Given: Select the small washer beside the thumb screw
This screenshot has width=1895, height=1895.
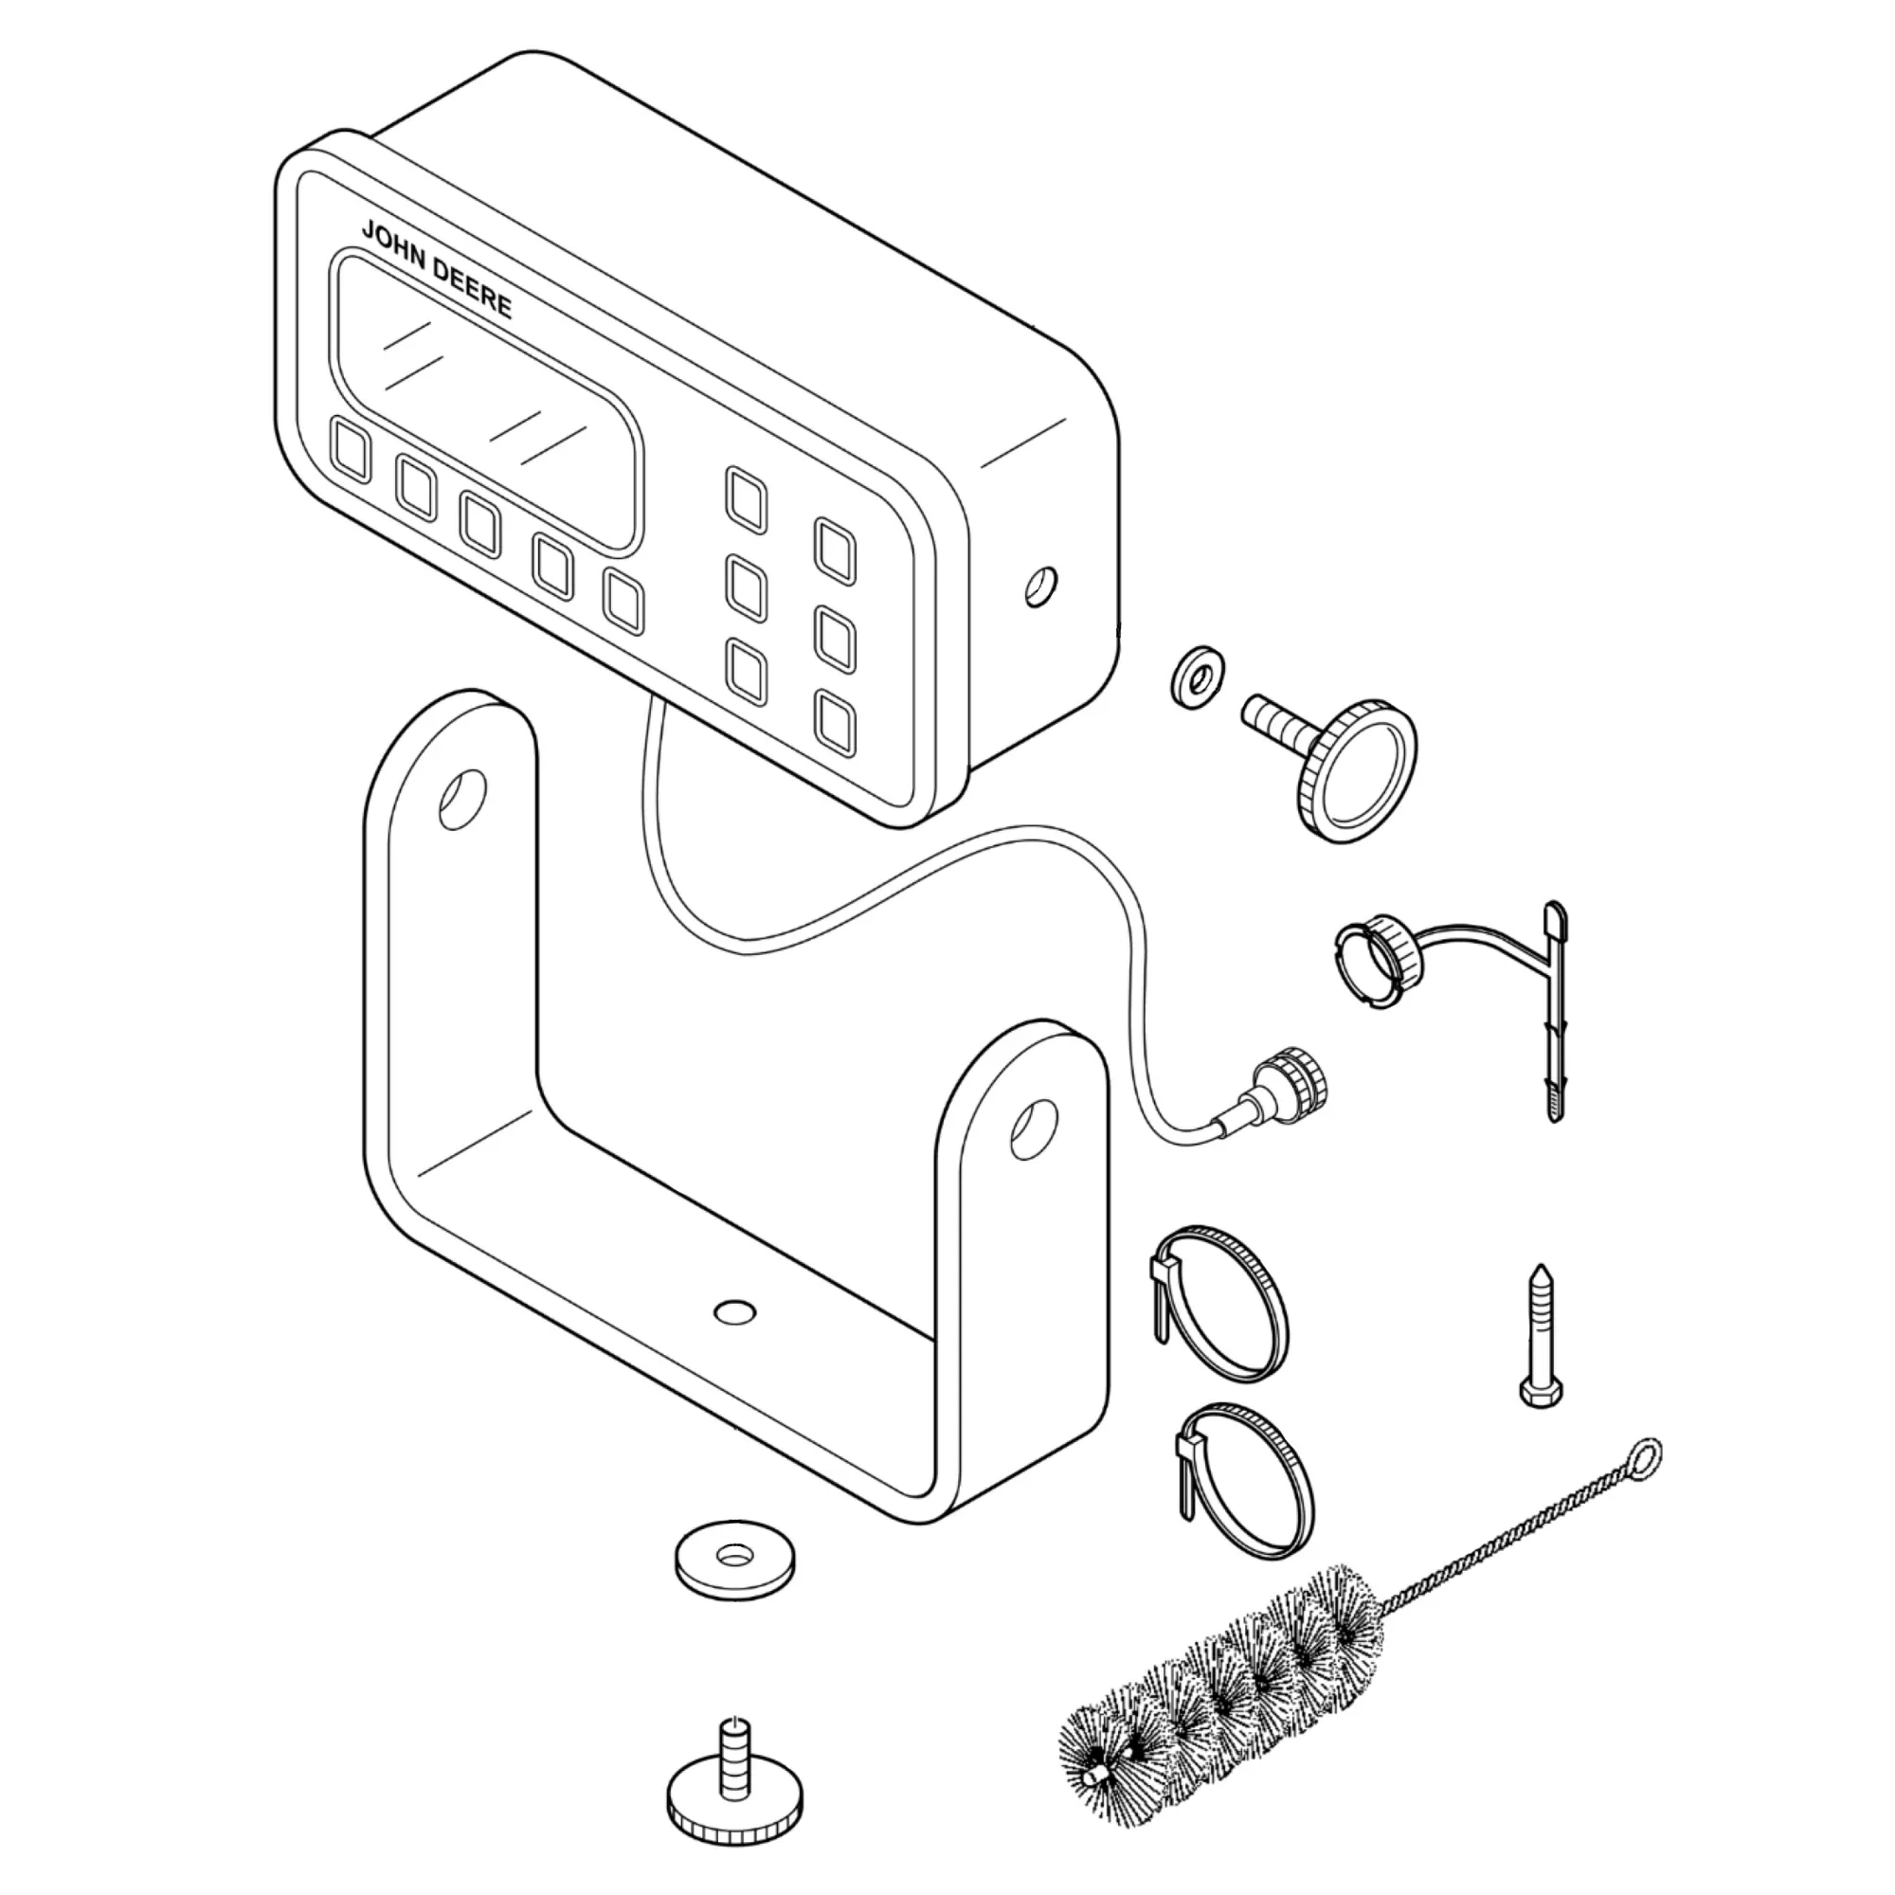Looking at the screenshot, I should tap(1195, 674).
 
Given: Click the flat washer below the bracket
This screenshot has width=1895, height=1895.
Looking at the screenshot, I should tap(734, 1558).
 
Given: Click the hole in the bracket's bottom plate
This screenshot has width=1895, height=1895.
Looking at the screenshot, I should tap(735, 1310).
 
